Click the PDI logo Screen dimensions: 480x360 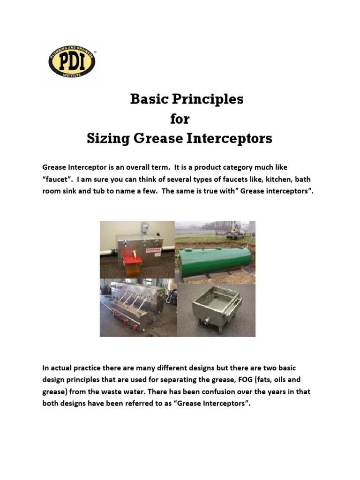click(x=72, y=61)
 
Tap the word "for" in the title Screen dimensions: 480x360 click(x=180, y=119)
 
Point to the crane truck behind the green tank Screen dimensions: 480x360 click(x=236, y=231)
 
